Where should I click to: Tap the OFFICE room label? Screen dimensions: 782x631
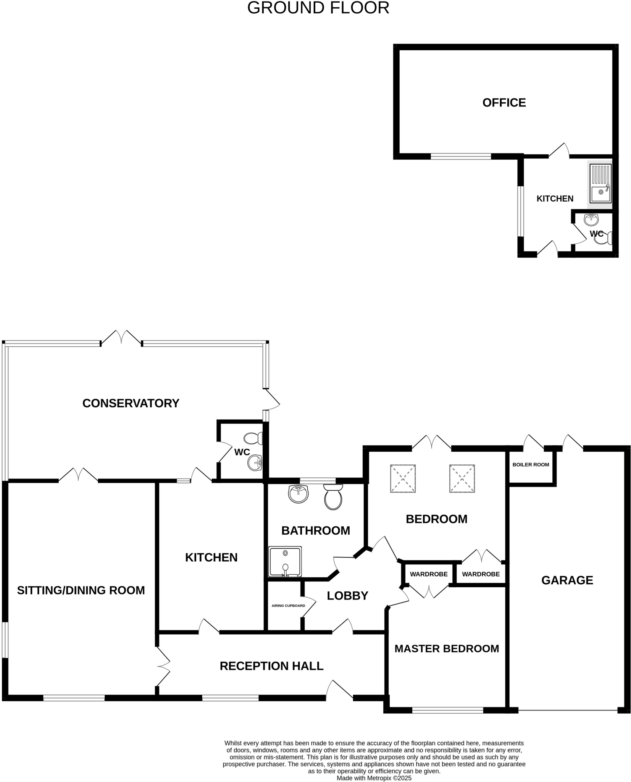[x=504, y=103]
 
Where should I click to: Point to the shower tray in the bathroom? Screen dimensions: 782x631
[x=285, y=561]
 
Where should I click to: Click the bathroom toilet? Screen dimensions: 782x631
[x=333, y=497]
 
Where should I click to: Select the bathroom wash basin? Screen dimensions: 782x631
[x=298, y=494]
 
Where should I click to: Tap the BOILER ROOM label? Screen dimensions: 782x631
[x=531, y=465]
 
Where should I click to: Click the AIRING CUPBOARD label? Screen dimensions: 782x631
[x=288, y=606]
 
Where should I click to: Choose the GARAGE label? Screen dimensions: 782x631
[x=567, y=580]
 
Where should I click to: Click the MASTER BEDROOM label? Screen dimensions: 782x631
[x=447, y=648]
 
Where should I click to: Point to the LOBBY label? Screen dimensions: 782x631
[x=347, y=596]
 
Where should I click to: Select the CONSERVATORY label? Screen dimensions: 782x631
[x=131, y=403]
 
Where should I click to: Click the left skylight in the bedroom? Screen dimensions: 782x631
[x=403, y=478]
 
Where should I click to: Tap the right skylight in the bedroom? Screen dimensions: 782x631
[x=462, y=478]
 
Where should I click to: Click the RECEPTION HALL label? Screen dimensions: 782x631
[x=271, y=666]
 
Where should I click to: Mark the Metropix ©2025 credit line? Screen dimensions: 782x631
[x=374, y=778]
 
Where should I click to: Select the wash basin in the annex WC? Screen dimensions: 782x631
[x=591, y=220]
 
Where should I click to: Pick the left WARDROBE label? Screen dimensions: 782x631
[x=429, y=574]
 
